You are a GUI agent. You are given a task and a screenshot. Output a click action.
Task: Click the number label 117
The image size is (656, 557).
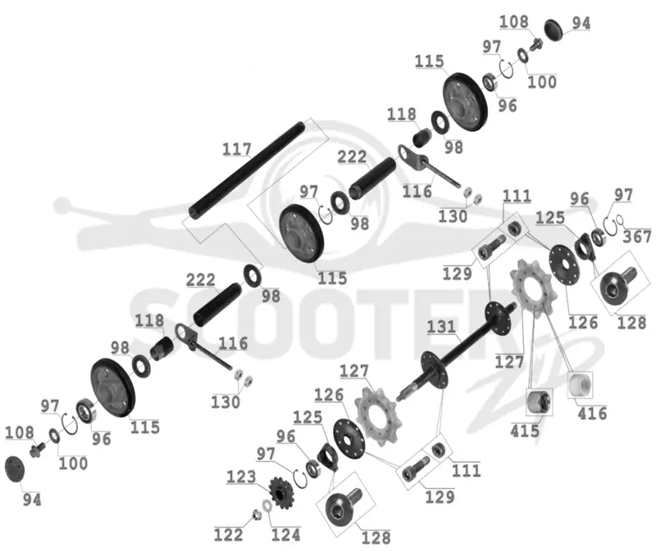pyautogui.click(x=237, y=149)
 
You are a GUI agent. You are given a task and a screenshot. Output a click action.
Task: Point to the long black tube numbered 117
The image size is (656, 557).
pyautogui.click(x=246, y=170)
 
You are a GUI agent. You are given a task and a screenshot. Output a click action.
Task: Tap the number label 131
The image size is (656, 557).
pyautogui.click(x=441, y=327)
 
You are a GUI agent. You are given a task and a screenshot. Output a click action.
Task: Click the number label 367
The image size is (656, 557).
pyautogui.click(x=637, y=237)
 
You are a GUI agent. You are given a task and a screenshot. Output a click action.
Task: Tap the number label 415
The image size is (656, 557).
pyautogui.click(x=525, y=430)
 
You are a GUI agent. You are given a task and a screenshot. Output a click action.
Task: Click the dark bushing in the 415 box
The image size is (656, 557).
pyautogui.click(x=539, y=402)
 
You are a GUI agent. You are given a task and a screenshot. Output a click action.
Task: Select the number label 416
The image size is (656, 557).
pyautogui.click(x=592, y=414)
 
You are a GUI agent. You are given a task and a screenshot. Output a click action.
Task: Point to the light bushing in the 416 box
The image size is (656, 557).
pyautogui.click(x=580, y=384)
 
